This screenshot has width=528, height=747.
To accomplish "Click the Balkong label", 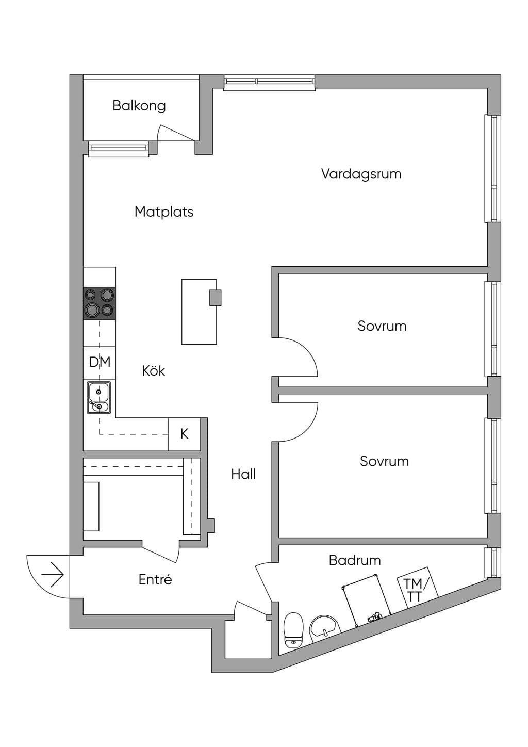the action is [139, 106].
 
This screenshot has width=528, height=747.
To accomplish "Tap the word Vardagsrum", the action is [361, 174].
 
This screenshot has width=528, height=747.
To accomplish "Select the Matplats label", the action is [164, 212].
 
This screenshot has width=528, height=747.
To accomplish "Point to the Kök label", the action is [154, 370].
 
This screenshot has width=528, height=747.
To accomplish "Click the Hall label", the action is [243, 474].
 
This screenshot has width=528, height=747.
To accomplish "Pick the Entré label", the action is [155, 579].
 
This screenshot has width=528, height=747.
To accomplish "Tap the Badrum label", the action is [355, 560].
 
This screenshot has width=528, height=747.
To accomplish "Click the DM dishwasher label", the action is [100, 362].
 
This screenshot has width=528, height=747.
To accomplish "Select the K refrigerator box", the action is [184, 434].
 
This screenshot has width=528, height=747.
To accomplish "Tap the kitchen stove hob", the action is [100, 303].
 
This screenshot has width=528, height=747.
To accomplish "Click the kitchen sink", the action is [99, 398].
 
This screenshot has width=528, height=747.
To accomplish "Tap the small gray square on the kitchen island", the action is [216, 298].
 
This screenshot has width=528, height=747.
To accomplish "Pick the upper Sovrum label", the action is [382, 326].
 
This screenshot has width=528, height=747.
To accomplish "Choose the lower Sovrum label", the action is [384, 461].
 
